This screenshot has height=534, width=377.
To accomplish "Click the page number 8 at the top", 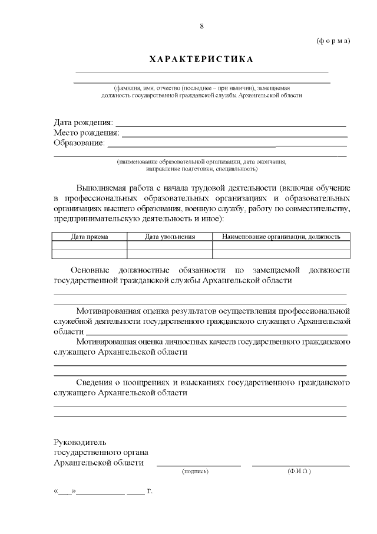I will point(201,27).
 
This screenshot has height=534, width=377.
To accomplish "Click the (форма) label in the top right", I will point(333,41).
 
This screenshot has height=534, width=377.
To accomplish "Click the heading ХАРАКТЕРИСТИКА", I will point(201,60).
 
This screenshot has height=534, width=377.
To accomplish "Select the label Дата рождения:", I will point(83,122).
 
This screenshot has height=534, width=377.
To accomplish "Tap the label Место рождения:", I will point(86,133).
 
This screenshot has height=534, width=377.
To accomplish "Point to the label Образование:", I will point(79,143).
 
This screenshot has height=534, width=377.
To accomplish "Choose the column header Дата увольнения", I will point(170,237).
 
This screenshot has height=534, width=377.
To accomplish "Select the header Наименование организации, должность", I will point(281,237).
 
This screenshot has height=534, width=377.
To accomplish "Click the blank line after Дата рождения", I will point(230,125).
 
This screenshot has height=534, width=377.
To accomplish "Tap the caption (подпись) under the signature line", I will point(196,471).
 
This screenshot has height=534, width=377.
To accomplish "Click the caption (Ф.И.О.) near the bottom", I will point(299,471).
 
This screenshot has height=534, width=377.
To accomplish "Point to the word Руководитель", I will point(80,441).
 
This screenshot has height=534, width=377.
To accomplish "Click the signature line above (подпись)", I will point(199,466).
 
